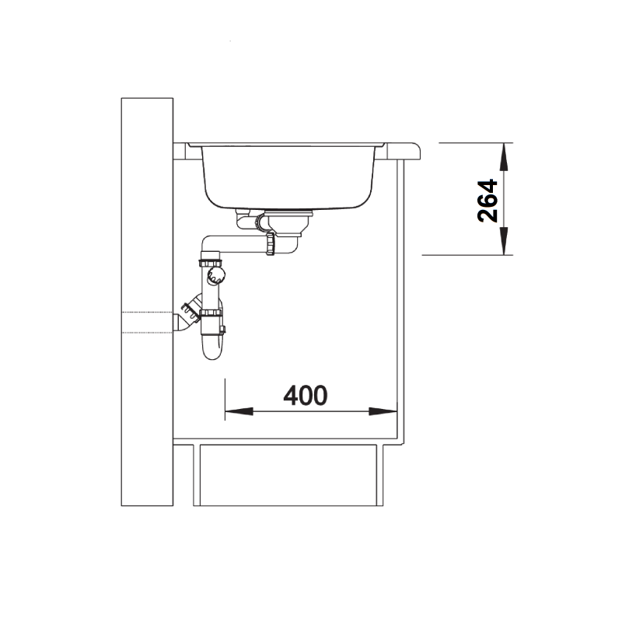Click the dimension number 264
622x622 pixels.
point(487,201)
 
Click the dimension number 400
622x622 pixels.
point(306,395)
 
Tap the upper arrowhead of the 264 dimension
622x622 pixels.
point(504,157)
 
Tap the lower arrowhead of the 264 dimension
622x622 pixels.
point(504,241)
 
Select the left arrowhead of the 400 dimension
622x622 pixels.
point(239,411)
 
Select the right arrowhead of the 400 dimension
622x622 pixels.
point(383,411)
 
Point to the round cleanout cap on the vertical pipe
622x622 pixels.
point(216,274)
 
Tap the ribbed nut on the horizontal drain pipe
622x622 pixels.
point(271,244)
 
